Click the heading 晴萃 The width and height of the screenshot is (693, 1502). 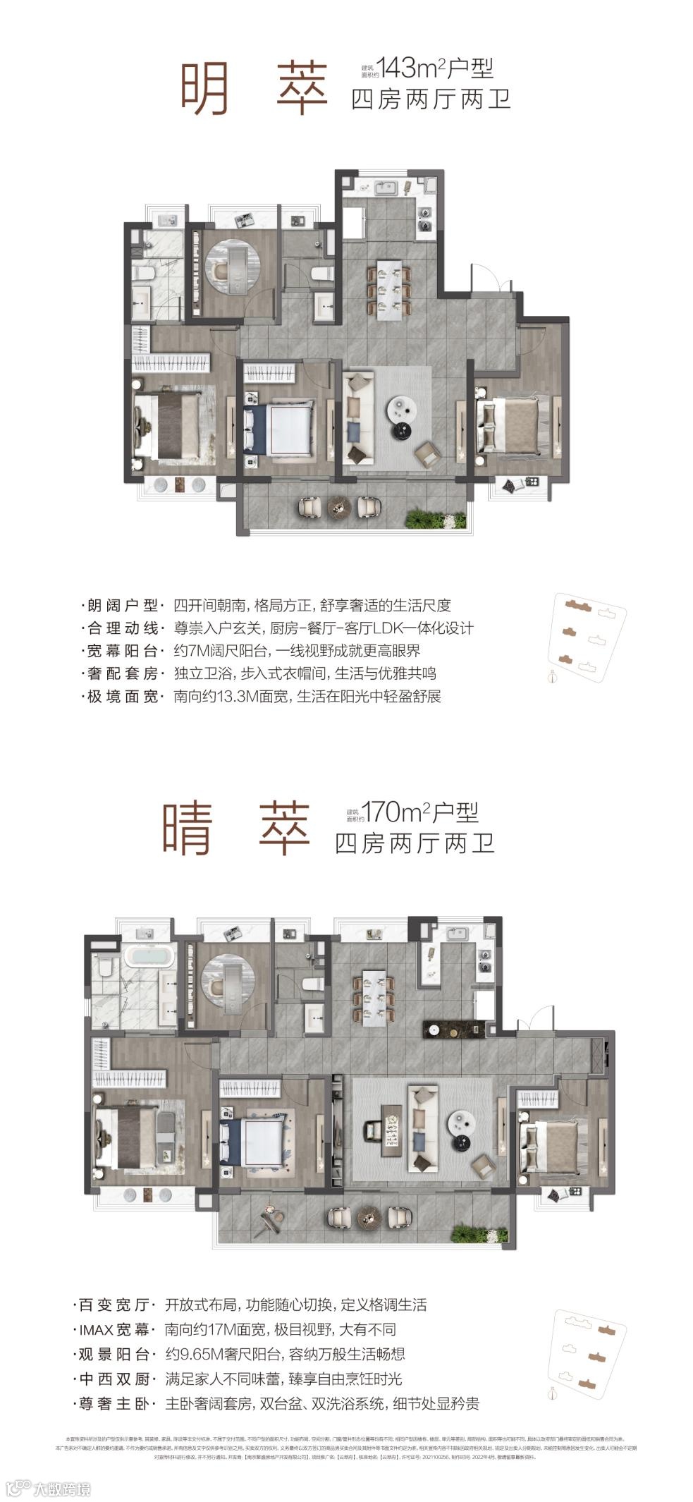pos(236,829)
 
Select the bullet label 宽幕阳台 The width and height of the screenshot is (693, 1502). pos(123,651)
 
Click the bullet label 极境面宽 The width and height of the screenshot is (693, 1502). pos(123,697)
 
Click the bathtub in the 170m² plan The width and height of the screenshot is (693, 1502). pos(149,957)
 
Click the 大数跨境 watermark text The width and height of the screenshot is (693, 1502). pos(62,1489)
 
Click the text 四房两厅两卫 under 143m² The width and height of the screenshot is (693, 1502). pos(430,99)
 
